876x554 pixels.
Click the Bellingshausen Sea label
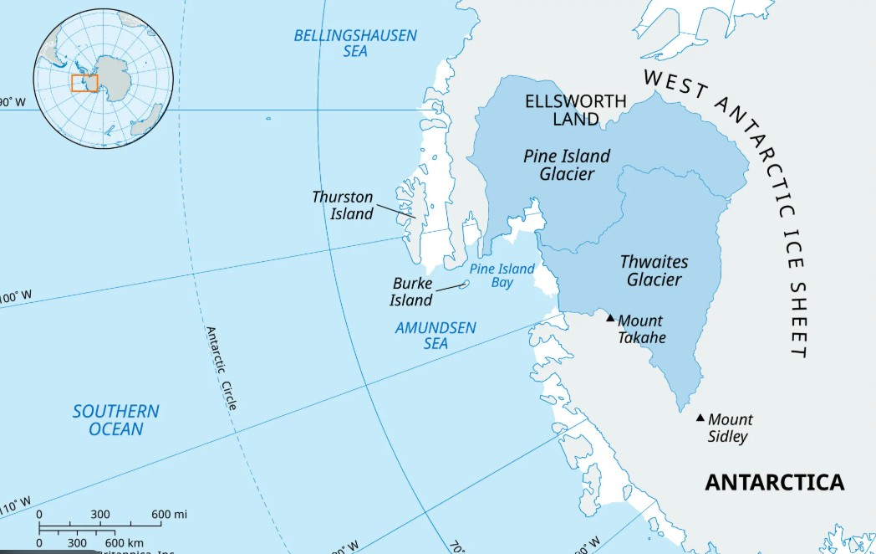[x=355, y=44]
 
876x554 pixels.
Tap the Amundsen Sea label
[x=435, y=335]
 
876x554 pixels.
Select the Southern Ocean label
[x=115, y=420]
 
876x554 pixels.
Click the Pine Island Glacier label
[x=567, y=165]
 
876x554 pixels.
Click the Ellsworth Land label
[x=576, y=110]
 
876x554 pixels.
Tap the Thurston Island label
[x=343, y=205]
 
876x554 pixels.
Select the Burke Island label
[x=413, y=292]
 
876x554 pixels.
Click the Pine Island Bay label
[x=502, y=275]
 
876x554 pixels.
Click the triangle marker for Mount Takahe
[x=610, y=318]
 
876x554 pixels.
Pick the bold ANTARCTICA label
[x=774, y=483]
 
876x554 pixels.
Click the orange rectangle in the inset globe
[x=84, y=83]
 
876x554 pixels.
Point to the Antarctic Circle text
[x=222, y=368]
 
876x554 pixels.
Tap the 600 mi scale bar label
[x=169, y=514]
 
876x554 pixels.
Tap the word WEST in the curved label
[x=673, y=82]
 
